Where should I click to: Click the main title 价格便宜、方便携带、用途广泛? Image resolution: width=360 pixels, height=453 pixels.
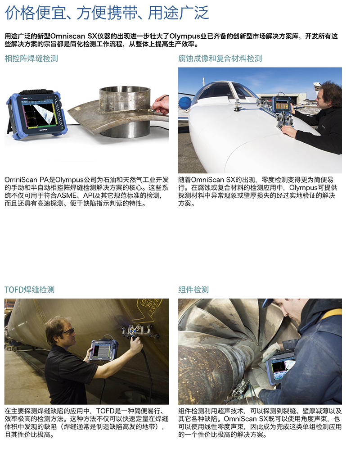coord(107,13)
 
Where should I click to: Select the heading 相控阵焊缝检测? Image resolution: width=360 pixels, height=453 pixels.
coord(31,59)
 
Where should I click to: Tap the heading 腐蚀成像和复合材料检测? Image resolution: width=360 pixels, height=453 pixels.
coord(220,59)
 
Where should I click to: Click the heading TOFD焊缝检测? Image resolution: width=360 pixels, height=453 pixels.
coord(29,290)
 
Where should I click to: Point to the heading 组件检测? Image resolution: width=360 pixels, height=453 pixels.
coord(193,290)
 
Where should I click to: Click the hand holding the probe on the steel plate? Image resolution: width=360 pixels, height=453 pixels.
coord(161,105)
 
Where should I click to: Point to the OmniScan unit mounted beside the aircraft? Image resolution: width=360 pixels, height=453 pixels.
coord(282,104)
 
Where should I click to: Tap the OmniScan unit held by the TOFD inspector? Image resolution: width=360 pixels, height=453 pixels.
coord(103,350)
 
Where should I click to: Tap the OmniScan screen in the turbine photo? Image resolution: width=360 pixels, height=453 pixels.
coord(280,370)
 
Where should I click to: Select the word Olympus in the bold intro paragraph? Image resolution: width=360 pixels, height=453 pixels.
coord(185,36)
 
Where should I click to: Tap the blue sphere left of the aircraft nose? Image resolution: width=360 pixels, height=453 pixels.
coord(185,103)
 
